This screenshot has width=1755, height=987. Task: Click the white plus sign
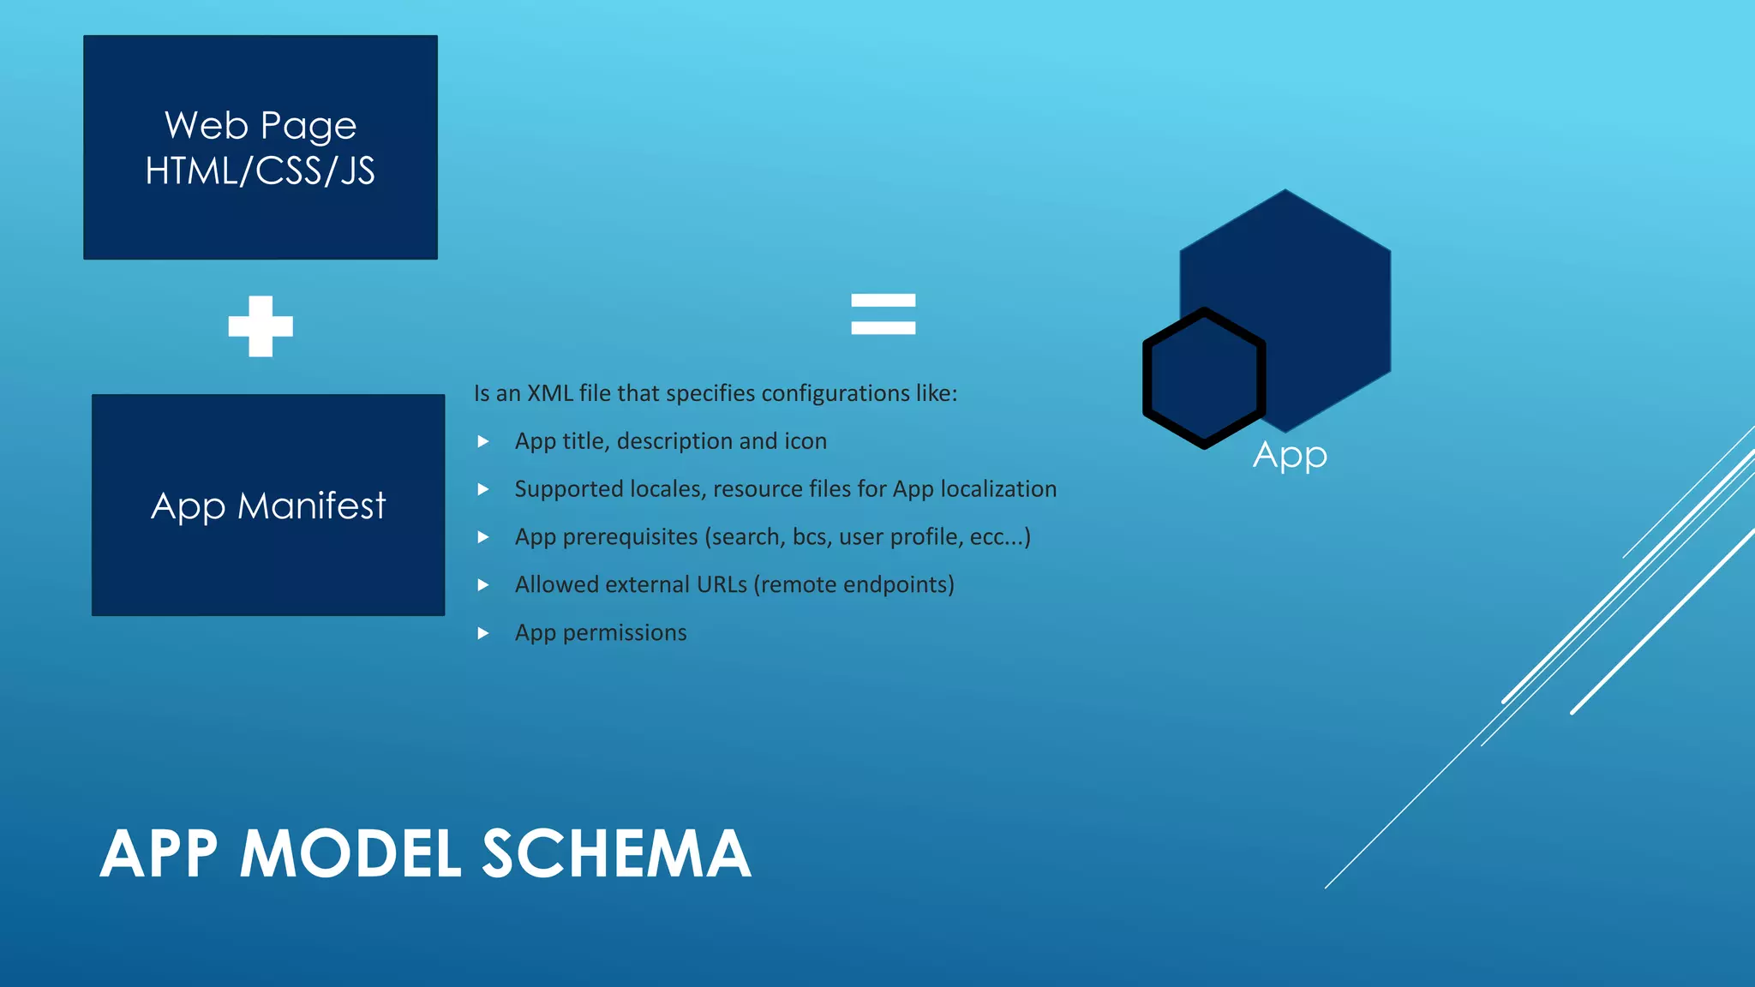coord(261,326)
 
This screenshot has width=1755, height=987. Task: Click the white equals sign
coord(883,314)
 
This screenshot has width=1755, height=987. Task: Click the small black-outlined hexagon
coord(1204,378)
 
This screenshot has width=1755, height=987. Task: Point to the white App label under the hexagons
coord(1290,455)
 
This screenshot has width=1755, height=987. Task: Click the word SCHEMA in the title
coord(616,854)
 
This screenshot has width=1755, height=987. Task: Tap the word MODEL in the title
coord(350,854)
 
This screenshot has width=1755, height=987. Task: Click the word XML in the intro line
coord(549,393)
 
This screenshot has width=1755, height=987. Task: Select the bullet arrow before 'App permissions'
coord(483,633)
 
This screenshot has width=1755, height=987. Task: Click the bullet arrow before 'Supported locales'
coord(483,489)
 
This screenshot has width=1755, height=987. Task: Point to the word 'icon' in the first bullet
coord(806,441)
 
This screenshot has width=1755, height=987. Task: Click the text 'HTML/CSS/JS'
coord(261,171)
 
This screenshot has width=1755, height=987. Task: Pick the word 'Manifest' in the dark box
coord(312,506)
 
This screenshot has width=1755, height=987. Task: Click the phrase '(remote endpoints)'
coord(854,585)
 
